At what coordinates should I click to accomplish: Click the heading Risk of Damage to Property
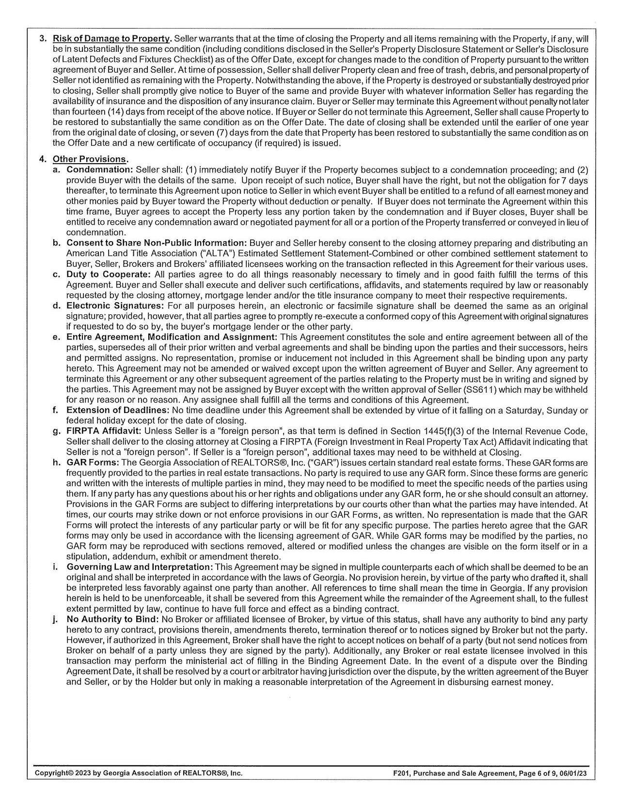pos(111,39)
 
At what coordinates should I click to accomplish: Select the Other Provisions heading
pos(90,159)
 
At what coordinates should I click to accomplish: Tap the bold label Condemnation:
pos(99,170)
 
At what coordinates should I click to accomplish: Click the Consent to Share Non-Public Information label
pos(157,243)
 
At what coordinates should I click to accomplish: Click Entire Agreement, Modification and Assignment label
pos(172,337)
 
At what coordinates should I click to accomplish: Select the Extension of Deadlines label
pos(117,411)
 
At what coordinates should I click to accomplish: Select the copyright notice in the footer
pos(139,773)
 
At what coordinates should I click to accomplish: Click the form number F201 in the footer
pos(401,773)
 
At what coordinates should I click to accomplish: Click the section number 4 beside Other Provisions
pos(42,159)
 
